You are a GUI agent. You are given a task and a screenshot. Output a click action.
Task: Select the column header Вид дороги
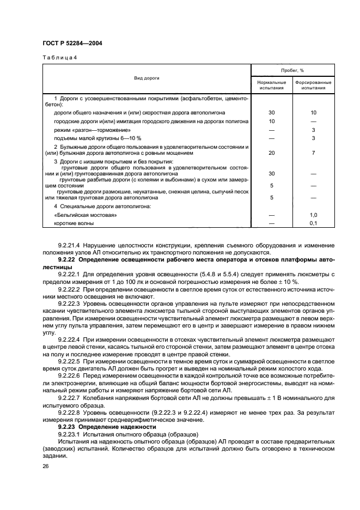pos(147,78)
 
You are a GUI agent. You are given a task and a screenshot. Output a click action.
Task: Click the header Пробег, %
pos(292,71)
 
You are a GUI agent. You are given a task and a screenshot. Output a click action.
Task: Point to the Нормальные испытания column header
pos(271,85)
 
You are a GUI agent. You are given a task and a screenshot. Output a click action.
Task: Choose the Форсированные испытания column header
pos(313,85)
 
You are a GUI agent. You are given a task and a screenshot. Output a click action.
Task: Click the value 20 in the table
pos(271,153)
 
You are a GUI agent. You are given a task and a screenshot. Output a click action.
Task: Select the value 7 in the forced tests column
pos(313,153)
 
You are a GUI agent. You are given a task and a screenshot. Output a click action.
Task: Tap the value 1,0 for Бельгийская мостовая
pos(313,215)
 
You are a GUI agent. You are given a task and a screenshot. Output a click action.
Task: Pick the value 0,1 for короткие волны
pos(313,223)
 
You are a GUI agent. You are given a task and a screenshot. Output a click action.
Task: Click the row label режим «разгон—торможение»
pos(92,130)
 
